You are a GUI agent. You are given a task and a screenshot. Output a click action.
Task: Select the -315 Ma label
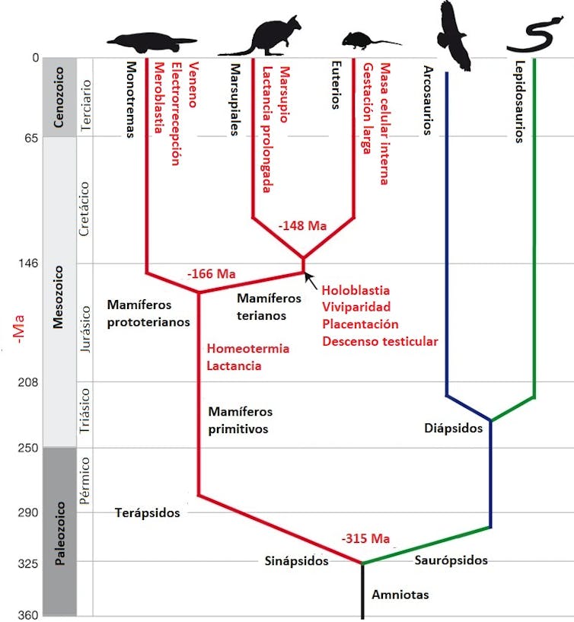365,539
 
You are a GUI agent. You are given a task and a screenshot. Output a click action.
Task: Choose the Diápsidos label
454,428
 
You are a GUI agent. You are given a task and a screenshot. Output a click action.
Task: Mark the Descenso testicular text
380,341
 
